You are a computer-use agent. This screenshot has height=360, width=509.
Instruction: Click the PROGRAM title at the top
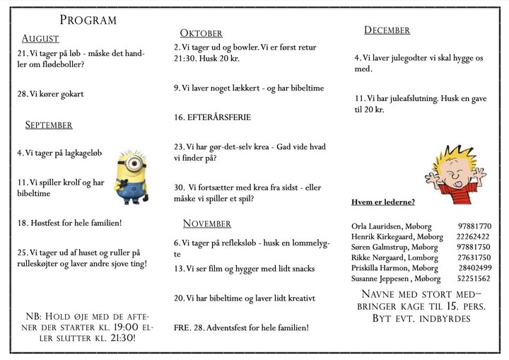[88, 20]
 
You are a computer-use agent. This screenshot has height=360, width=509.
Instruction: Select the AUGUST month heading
[40, 38]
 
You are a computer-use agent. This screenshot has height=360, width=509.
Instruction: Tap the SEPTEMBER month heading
[49, 125]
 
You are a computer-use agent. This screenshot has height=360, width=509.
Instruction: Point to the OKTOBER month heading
[201, 33]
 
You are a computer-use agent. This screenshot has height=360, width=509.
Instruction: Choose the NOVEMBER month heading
[207, 224]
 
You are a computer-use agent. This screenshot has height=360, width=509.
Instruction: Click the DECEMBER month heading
[387, 30]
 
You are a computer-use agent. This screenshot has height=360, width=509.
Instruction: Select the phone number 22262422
[473, 237]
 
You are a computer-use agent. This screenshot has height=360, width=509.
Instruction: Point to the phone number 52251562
[473, 279]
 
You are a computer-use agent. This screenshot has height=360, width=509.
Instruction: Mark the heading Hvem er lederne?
[382, 203]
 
